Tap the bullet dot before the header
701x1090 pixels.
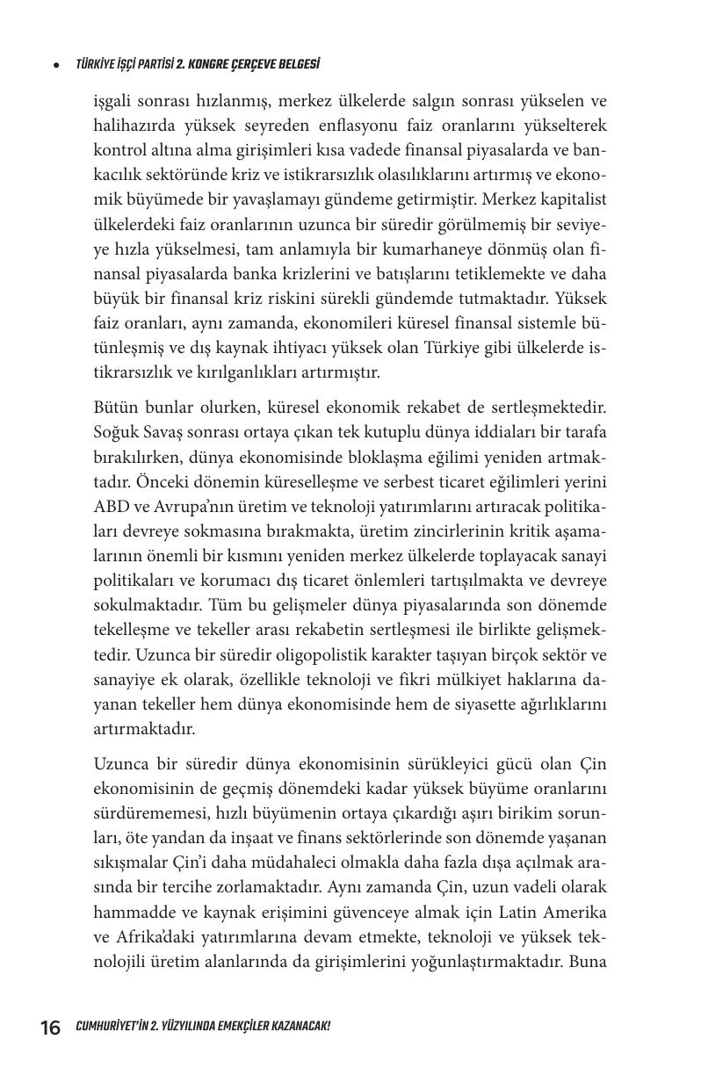[x=56, y=64]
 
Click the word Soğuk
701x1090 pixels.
[x=115, y=433]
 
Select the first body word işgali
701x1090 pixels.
[x=114, y=101]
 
